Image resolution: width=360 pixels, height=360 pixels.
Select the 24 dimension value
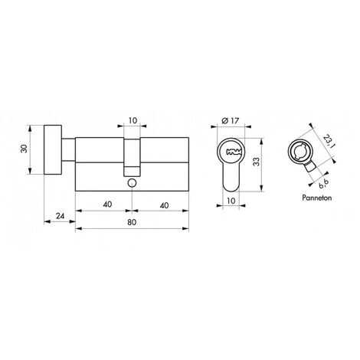(x=59, y=216)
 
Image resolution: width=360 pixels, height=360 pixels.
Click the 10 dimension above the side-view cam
(x=133, y=120)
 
